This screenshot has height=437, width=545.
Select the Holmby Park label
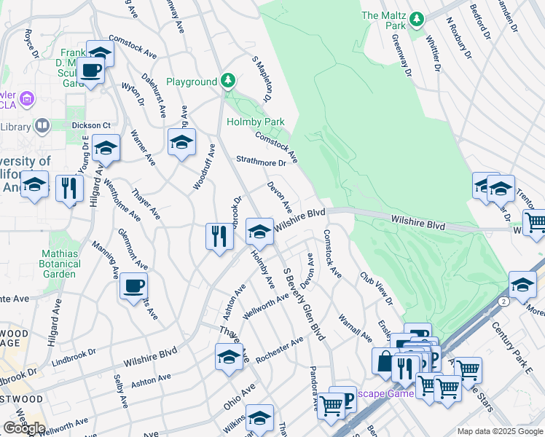coord(255,122)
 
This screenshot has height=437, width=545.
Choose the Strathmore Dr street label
coord(260,161)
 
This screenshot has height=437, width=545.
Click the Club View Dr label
coord(375,290)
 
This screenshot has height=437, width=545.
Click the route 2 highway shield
coord(503,300)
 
